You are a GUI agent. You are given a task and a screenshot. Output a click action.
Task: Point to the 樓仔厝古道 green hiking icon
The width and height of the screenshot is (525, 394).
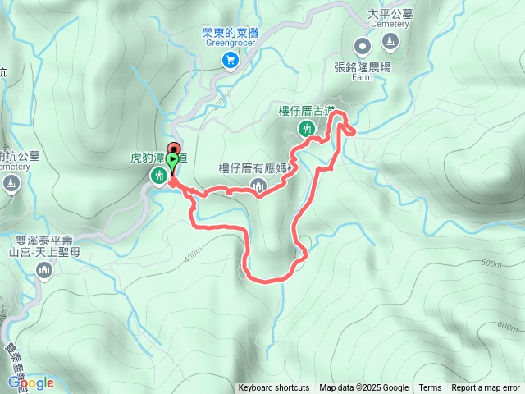pyautogui.click(x=307, y=128)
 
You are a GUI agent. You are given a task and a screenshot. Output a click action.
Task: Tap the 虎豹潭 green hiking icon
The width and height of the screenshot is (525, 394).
pyautogui.click(x=157, y=175)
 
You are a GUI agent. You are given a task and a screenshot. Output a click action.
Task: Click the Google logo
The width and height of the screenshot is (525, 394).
pyautogui.click(x=30, y=383)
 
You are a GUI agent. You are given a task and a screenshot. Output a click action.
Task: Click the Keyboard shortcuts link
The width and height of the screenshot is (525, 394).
pyautogui.click(x=274, y=388)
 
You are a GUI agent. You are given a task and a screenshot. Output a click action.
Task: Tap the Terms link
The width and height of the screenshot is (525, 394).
pyautogui.click(x=430, y=388)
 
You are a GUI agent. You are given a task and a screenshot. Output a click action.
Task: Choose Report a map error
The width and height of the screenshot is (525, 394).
pyautogui.click(x=485, y=388)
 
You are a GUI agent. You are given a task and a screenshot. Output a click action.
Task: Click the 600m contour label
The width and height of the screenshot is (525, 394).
pyautogui.click(x=507, y=325)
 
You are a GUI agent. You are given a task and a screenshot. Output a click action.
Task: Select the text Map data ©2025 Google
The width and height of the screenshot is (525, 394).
pyautogui.click(x=363, y=388)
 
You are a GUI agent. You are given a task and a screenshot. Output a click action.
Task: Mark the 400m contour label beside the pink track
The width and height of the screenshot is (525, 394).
pyautogui.click(x=194, y=256)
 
